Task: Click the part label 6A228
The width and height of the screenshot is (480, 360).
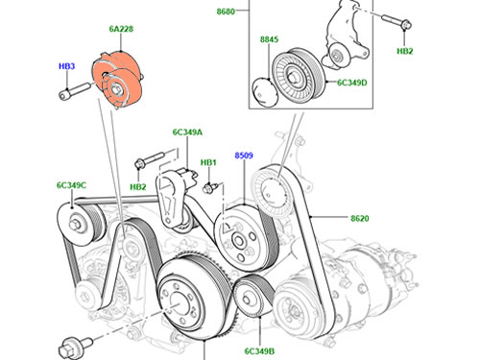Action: pyautogui.click(x=121, y=29)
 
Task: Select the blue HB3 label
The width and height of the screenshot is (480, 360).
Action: pyautogui.click(x=66, y=66)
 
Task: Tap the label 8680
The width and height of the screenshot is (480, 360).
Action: pyautogui.click(x=226, y=12)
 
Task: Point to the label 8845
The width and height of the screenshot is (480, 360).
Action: pyautogui.click(x=269, y=39)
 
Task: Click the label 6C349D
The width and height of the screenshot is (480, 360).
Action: pyautogui.click(x=352, y=83)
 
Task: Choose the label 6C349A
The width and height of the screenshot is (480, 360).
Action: pyautogui.click(x=187, y=132)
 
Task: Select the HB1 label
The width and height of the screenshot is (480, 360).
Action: pyautogui.click(x=208, y=162)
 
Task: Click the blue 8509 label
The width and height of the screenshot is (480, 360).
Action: pyautogui.click(x=244, y=156)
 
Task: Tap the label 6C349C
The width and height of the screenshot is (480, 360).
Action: pyautogui.click(x=71, y=185)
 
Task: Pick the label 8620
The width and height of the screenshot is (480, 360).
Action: pyautogui.click(x=360, y=218)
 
